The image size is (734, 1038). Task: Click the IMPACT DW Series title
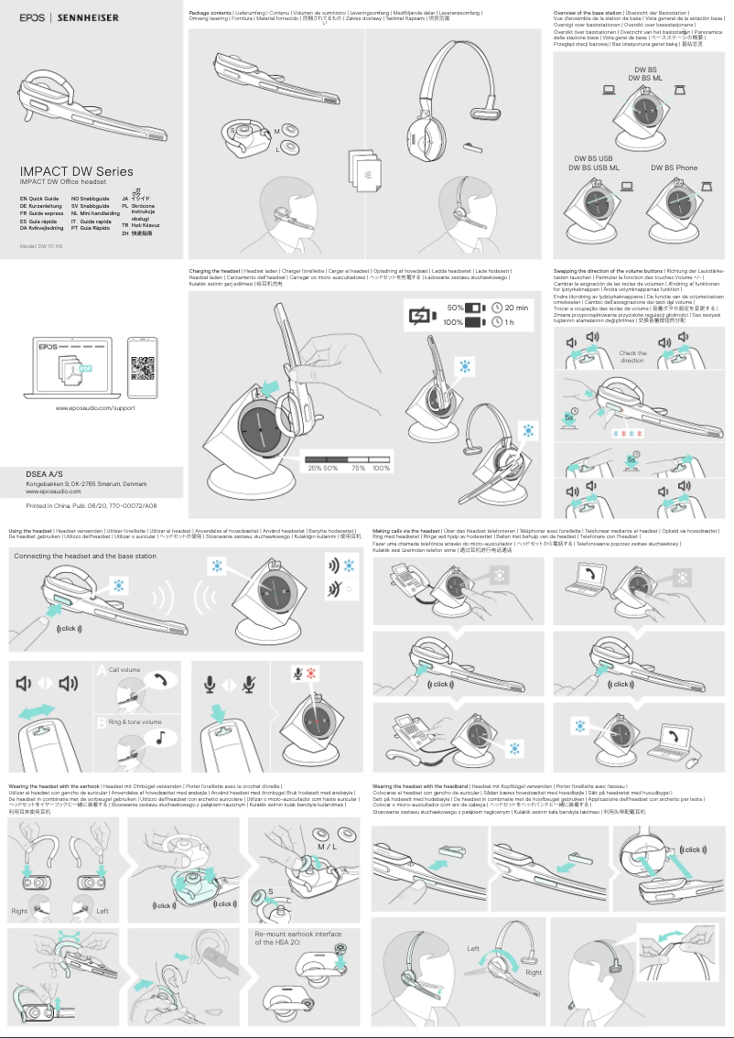[77, 171]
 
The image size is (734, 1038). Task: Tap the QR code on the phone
[142, 367]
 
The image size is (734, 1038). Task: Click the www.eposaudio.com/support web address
[95, 407]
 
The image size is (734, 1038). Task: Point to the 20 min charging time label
[516, 308]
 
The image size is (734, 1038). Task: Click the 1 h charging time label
[509, 322]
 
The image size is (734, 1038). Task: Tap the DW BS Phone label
[674, 168]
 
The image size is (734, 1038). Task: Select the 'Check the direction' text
[632, 356]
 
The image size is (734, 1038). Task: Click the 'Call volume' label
[124, 670]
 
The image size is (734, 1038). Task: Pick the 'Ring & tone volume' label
[135, 722]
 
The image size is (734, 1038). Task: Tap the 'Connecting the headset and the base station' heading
[85, 556]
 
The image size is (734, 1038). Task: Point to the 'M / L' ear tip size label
[327, 847]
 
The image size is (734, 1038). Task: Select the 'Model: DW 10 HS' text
[41, 246]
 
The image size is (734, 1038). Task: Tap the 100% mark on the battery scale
[382, 468]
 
